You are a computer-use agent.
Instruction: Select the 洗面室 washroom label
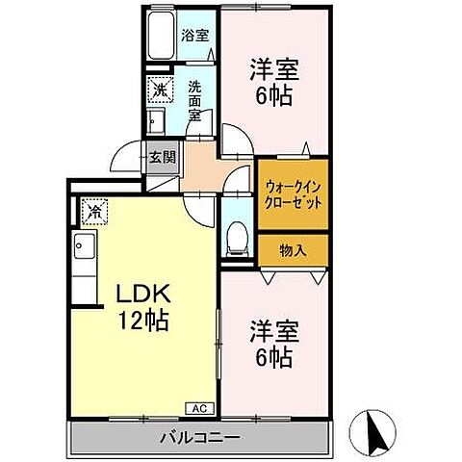tap(194, 99)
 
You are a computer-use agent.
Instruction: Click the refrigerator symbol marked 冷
tap(95, 208)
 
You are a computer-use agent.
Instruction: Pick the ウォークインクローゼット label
tap(294, 196)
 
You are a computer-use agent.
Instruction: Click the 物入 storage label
tap(293, 251)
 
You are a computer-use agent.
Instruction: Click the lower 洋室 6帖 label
tap(274, 345)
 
